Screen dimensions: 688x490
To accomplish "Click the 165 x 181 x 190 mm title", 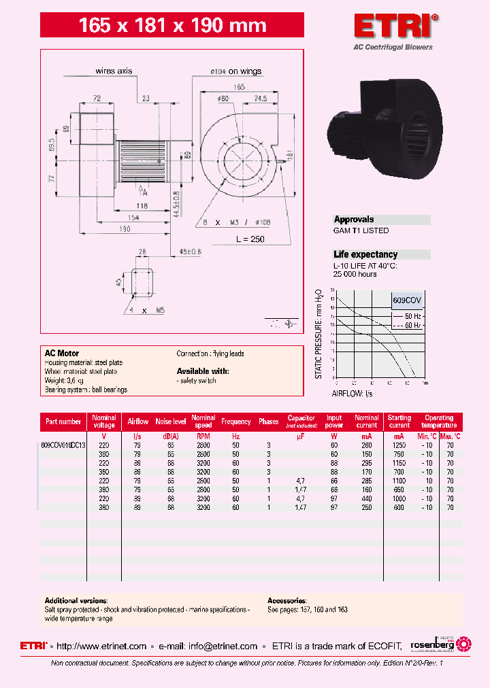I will pyautogui.click(x=172, y=26).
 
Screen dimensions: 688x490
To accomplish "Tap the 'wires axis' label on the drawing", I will pyautogui.click(x=113, y=70).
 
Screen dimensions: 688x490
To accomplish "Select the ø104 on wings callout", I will pyautogui.click(x=235, y=71).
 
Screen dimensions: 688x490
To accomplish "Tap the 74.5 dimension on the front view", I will pyautogui.click(x=260, y=99).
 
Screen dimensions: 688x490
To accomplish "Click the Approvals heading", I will pyautogui.click(x=354, y=220).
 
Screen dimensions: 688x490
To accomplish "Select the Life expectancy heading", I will pyautogui.click(x=365, y=254).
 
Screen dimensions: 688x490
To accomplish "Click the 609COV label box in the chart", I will pyautogui.click(x=406, y=300).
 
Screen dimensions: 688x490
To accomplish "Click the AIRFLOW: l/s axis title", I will pyautogui.click(x=352, y=393).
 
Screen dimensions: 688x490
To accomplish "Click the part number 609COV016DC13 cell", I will pyautogui.click(x=63, y=445).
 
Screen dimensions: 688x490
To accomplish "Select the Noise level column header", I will pyautogui.click(x=171, y=422).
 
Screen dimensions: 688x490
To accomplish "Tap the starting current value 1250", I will pyautogui.click(x=399, y=445).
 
